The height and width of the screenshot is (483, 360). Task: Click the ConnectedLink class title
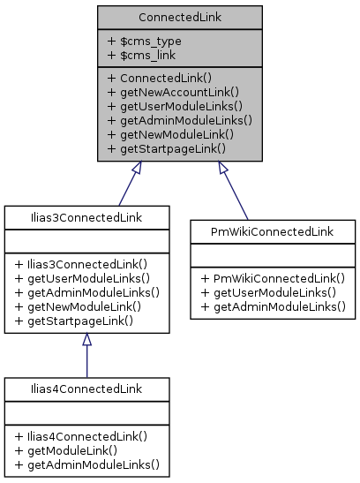pos(179,17)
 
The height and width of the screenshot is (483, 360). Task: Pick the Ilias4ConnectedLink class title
pos(86,388)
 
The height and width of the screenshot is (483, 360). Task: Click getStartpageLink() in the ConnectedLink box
pos(166,149)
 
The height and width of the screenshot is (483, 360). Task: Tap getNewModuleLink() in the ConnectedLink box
pos(169,135)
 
